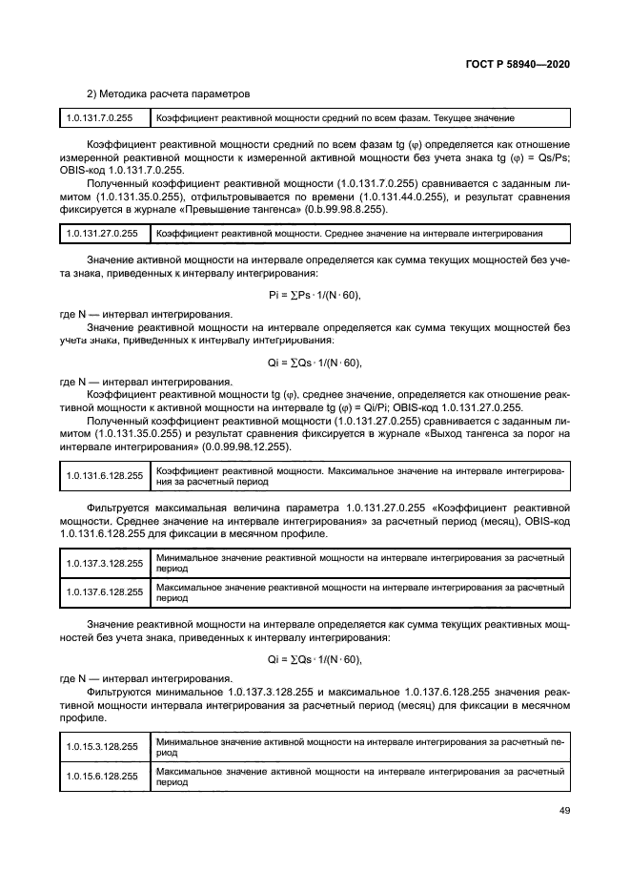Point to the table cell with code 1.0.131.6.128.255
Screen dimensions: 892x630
coord(104,476)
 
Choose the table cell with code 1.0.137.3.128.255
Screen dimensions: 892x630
coord(104,564)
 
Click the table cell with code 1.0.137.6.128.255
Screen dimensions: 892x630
coord(104,591)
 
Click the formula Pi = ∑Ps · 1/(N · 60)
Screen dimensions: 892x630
coord(315,295)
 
